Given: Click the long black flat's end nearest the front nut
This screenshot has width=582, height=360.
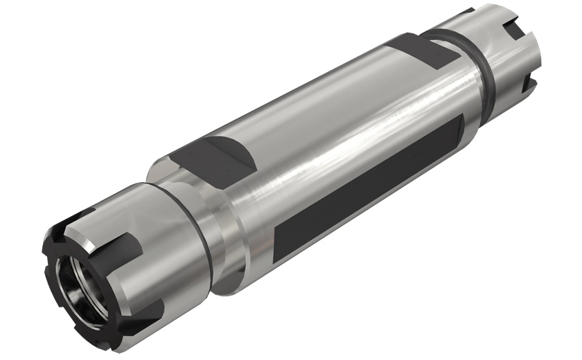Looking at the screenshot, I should (284, 242).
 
